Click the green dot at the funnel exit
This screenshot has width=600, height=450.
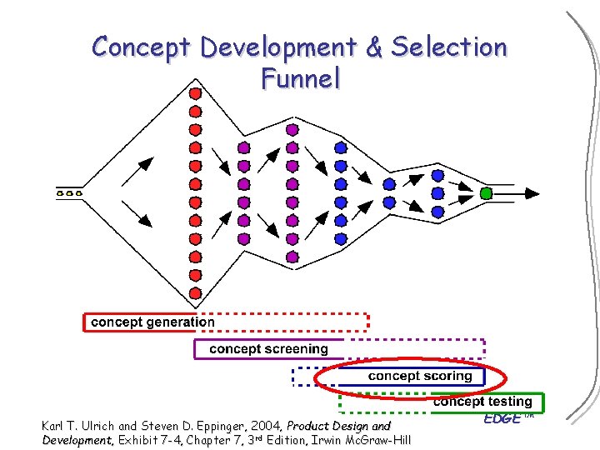(x=487, y=193)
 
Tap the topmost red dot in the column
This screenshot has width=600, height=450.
(x=195, y=93)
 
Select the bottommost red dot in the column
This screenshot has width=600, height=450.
(x=195, y=293)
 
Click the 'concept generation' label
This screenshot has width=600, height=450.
(x=152, y=322)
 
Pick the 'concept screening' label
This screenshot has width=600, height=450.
(x=268, y=348)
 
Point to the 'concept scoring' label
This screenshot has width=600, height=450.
(x=420, y=376)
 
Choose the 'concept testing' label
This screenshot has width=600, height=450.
(x=482, y=402)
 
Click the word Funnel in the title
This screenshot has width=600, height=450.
(x=300, y=78)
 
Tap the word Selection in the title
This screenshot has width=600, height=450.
(x=448, y=47)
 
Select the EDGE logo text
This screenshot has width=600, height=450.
(x=502, y=417)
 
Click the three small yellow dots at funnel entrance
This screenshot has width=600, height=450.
(x=69, y=193)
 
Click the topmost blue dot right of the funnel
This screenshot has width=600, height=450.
(x=437, y=175)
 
